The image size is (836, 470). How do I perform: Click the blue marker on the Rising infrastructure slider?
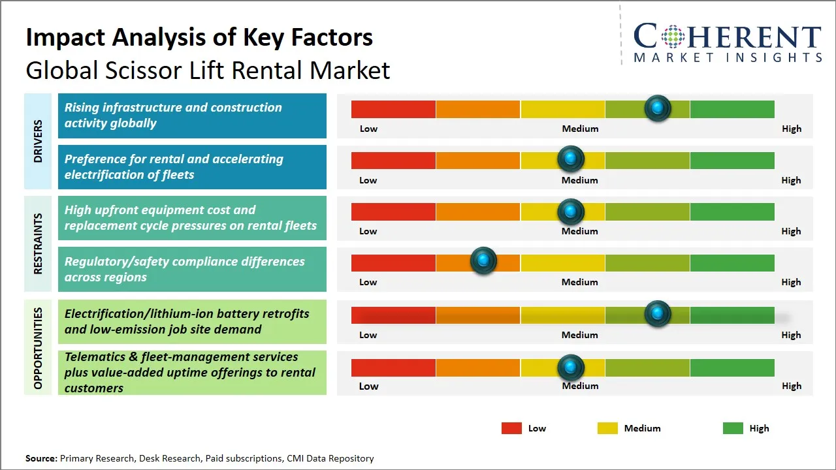[658, 108]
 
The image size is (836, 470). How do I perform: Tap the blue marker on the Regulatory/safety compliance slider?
[483, 261]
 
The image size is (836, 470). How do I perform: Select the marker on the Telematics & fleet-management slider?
[571, 368]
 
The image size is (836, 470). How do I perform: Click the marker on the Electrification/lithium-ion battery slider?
[658, 314]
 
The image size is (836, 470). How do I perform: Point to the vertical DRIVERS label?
[38, 141]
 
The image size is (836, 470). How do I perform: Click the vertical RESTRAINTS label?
[38, 243]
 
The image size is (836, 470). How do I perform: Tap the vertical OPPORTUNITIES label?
[38, 348]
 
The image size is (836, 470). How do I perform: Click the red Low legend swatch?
[511, 428]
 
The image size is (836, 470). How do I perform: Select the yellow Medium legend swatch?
[607, 428]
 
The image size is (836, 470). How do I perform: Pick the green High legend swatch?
[733, 428]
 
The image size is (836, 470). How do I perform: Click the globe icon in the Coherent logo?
[674, 37]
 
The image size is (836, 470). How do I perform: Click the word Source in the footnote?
[40, 458]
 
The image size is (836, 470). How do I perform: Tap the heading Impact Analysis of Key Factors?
[199, 37]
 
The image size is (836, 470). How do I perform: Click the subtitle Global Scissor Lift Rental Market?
[208, 70]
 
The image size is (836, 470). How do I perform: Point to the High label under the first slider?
[792, 129]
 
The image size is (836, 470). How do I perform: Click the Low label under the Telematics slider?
[368, 386]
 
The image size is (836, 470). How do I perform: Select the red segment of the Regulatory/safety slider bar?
[393, 263]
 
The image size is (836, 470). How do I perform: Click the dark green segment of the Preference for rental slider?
[731, 160]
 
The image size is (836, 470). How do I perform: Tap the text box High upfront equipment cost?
[192, 218]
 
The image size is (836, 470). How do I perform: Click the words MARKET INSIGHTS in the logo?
[728, 57]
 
